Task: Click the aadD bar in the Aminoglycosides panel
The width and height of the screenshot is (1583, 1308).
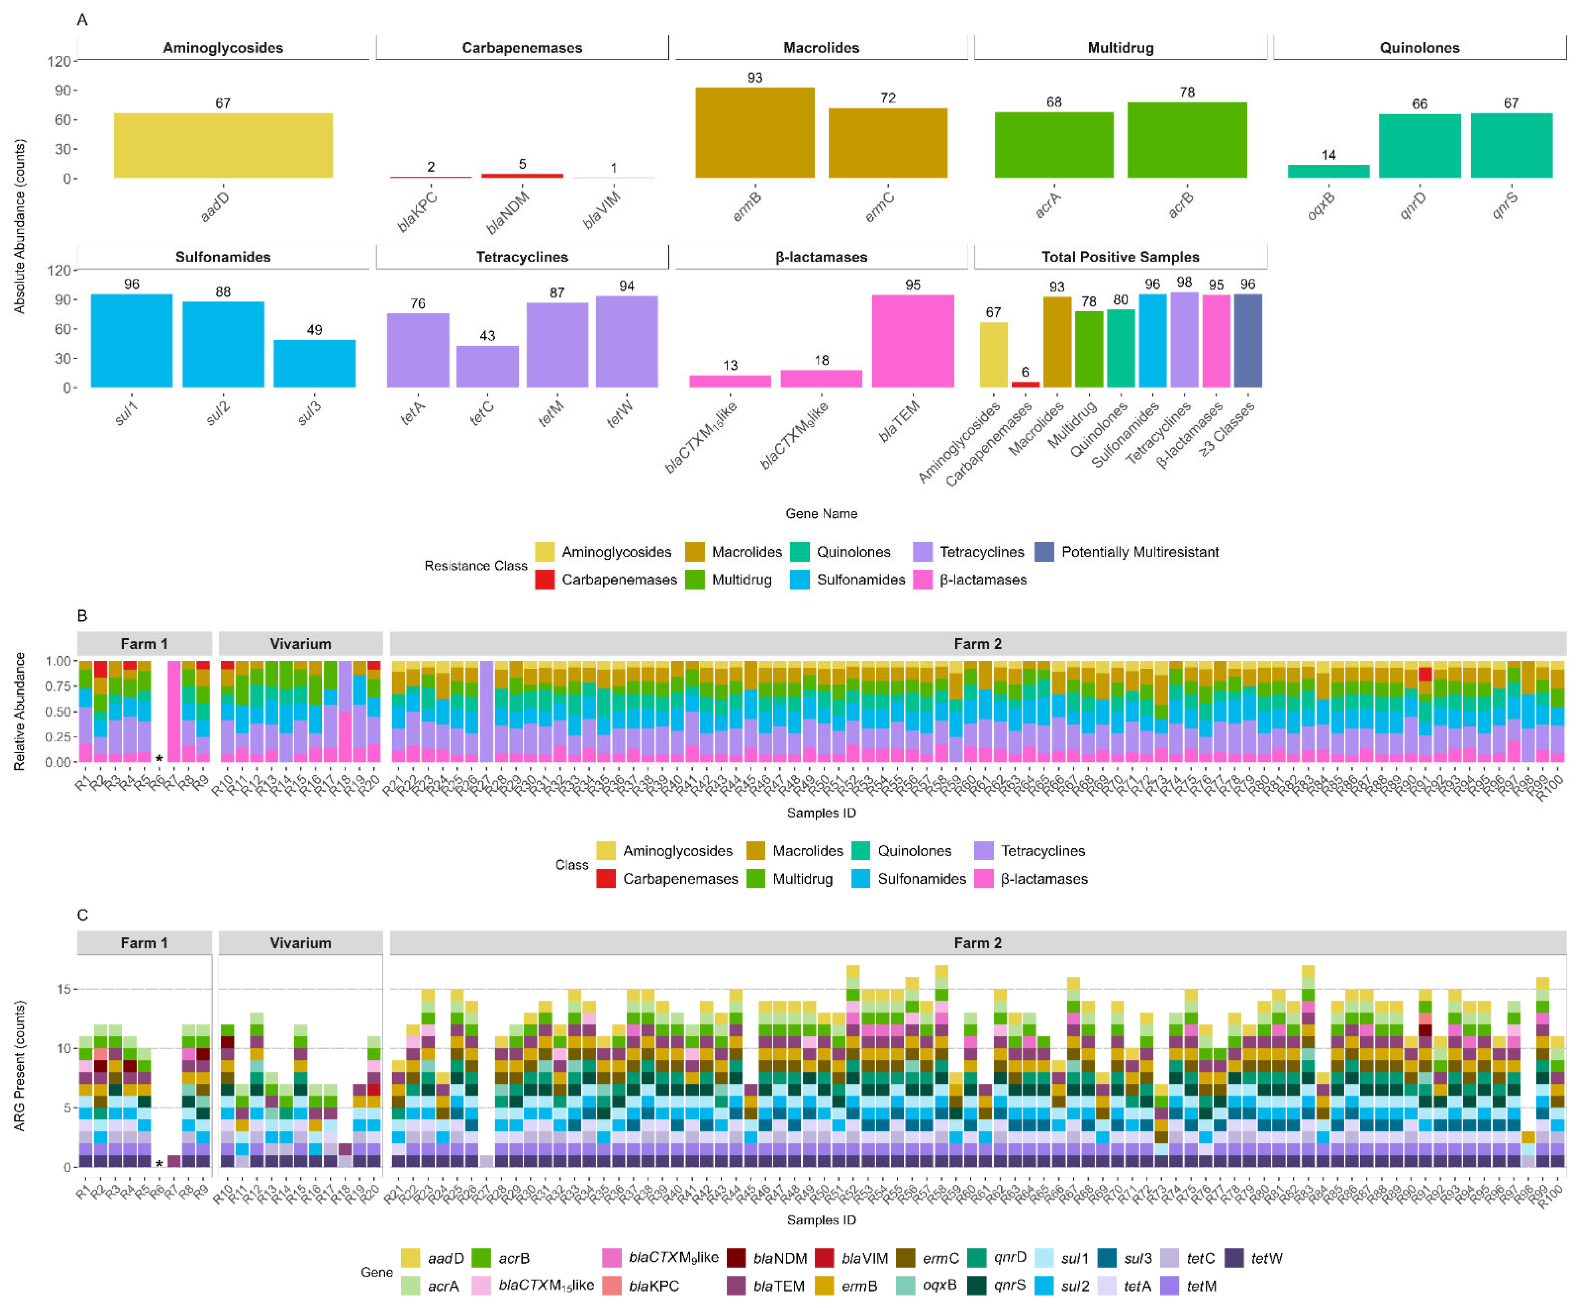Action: pyautogui.click(x=223, y=145)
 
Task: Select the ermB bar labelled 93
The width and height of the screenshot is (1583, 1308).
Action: pyautogui.click(x=754, y=132)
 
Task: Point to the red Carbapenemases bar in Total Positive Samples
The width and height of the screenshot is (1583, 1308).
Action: pyautogui.click(x=1025, y=384)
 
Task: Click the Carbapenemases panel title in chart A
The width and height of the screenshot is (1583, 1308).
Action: pyautogui.click(x=522, y=48)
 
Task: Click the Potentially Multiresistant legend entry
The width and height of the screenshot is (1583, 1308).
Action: pyautogui.click(x=1139, y=552)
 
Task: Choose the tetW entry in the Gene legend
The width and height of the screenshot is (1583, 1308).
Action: pyautogui.click(x=1266, y=1258)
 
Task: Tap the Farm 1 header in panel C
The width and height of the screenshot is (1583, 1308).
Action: pyautogui.click(x=144, y=943)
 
